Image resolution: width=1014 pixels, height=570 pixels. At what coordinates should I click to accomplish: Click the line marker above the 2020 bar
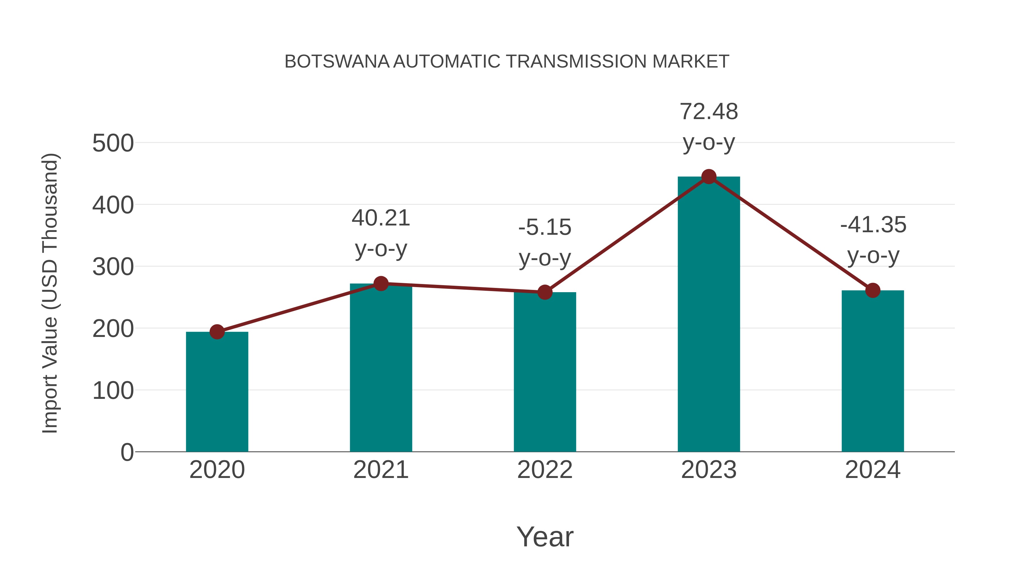(217, 332)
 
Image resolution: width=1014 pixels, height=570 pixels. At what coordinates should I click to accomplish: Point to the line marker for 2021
(381, 283)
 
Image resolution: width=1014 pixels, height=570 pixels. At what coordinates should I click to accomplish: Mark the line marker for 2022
(545, 292)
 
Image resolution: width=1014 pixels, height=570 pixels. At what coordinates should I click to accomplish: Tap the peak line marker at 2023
(709, 176)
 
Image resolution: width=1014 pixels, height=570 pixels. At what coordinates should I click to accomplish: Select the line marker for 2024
(873, 290)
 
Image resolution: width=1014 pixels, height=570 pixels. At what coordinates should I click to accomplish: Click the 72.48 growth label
(709, 112)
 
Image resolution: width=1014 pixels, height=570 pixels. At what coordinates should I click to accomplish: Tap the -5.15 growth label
(545, 227)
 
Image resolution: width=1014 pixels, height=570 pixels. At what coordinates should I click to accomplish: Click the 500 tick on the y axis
(113, 143)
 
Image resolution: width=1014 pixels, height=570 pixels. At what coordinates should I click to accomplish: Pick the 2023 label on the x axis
(709, 470)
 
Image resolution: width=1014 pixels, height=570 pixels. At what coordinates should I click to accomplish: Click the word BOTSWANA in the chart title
(337, 62)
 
